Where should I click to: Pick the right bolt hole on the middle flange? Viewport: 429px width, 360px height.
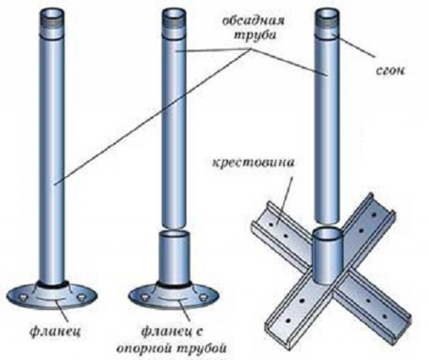click(203, 296)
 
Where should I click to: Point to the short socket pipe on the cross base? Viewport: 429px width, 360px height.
click(327, 255)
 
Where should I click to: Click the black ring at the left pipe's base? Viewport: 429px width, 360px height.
click(52, 283)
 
